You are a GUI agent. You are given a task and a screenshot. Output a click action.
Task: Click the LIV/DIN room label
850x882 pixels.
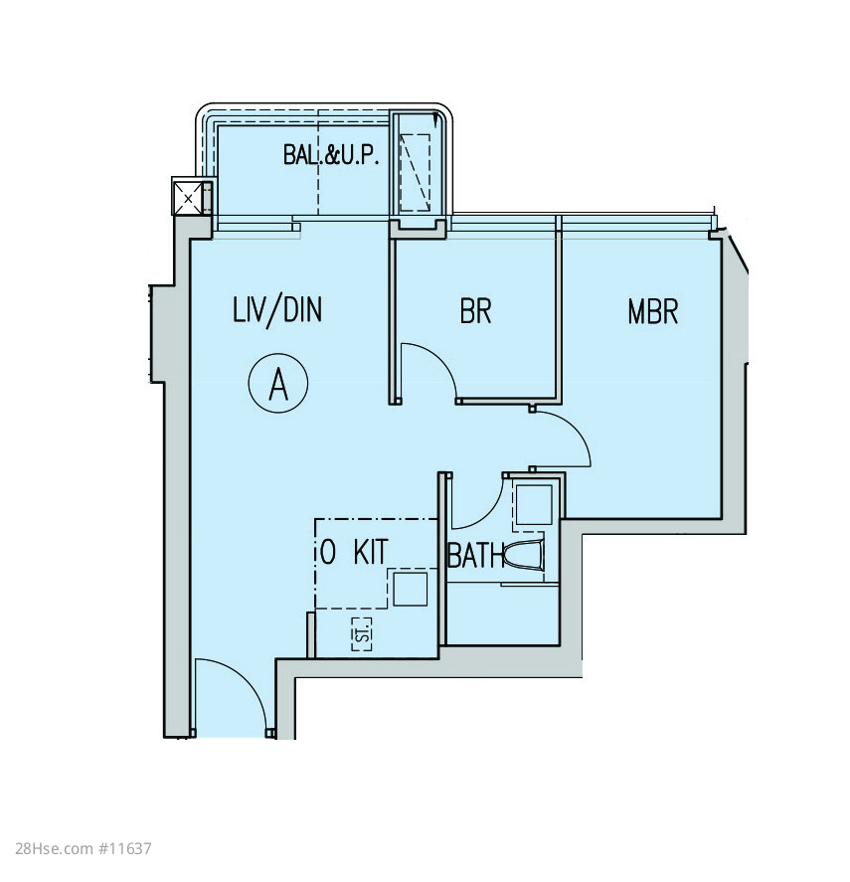[x=277, y=310]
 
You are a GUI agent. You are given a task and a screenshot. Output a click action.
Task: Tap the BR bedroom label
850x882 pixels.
[x=475, y=310]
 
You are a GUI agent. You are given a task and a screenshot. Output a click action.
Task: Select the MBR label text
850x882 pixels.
[x=652, y=311]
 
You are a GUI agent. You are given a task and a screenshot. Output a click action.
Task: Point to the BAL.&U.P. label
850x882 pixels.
[x=331, y=155]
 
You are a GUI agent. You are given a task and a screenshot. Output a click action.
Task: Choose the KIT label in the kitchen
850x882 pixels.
[x=371, y=552]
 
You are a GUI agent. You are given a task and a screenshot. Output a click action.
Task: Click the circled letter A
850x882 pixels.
[x=278, y=383]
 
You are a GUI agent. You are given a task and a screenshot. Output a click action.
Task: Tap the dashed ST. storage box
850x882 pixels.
[x=362, y=634]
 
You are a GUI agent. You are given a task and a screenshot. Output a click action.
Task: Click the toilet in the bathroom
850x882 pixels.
[x=524, y=556]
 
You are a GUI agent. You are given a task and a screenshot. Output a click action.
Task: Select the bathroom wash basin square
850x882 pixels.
[x=534, y=504]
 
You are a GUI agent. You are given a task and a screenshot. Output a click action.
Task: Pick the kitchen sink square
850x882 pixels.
[x=410, y=589]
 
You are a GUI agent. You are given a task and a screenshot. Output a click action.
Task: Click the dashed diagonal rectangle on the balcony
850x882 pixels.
[x=415, y=172]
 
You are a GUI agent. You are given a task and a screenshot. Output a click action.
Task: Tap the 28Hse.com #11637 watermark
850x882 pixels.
[x=84, y=848]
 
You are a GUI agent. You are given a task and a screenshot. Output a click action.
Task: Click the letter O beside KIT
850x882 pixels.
[x=328, y=552]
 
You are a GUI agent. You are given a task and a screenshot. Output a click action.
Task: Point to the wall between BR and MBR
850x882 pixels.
[x=559, y=311]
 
